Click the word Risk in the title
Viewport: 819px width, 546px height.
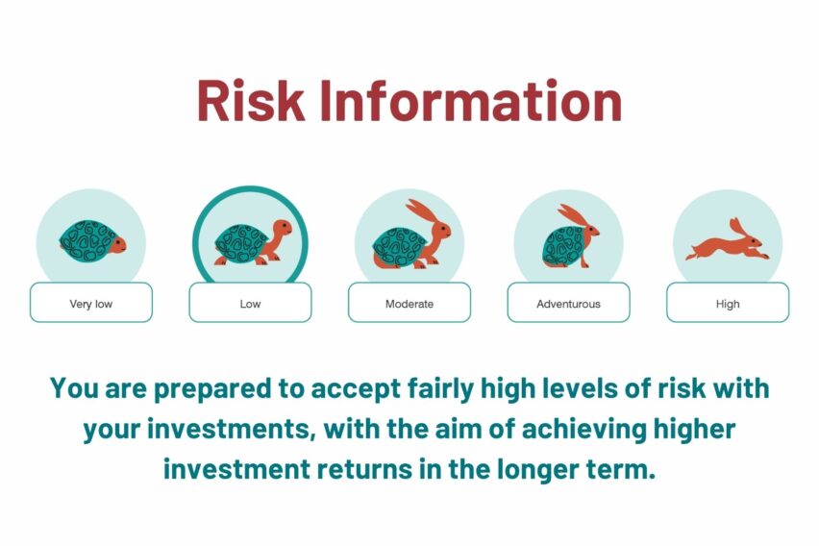click(x=251, y=100)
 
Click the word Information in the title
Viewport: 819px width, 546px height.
click(x=471, y=100)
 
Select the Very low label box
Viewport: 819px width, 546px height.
click(x=91, y=303)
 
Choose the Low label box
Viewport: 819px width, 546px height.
click(x=250, y=303)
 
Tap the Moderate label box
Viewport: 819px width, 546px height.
click(x=409, y=303)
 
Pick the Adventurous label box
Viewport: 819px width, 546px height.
click(x=569, y=303)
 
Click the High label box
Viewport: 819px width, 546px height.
click(x=728, y=303)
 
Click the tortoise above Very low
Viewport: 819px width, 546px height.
click(x=92, y=241)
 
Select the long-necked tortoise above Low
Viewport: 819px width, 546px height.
click(x=253, y=242)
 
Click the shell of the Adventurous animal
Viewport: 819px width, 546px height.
click(x=563, y=245)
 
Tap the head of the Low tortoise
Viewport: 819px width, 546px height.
click(x=282, y=228)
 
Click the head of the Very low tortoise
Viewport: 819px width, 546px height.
click(x=118, y=244)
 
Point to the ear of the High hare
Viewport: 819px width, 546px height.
click(x=737, y=227)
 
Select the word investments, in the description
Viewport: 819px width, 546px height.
click(x=232, y=430)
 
